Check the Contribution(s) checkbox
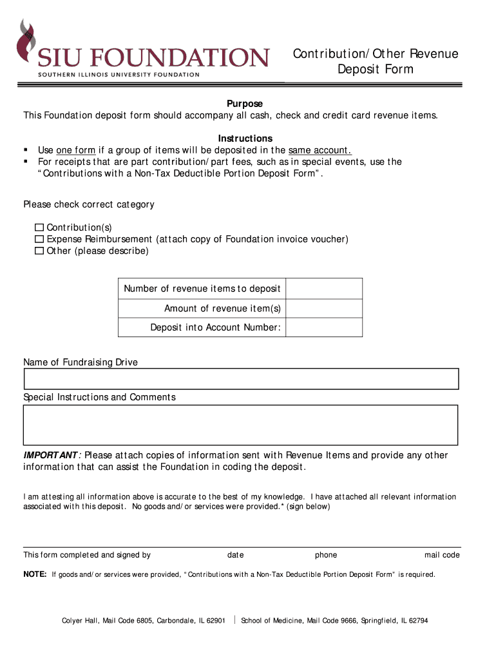(x=39, y=228)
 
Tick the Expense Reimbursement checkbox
(x=39, y=239)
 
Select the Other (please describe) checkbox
(x=39, y=251)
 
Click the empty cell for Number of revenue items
(x=323, y=289)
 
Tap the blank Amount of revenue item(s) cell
(x=323, y=308)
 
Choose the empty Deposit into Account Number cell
(x=323, y=327)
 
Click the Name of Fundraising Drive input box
(x=241, y=379)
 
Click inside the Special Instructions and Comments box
(x=241, y=425)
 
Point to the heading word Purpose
(x=244, y=104)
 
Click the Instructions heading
(x=245, y=139)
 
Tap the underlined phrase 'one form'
(x=75, y=150)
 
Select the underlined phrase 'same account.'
(x=320, y=150)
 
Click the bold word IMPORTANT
(x=51, y=455)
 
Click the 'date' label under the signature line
(x=235, y=555)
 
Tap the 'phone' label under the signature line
(x=325, y=555)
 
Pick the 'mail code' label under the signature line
(x=442, y=555)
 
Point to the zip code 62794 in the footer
(x=415, y=621)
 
